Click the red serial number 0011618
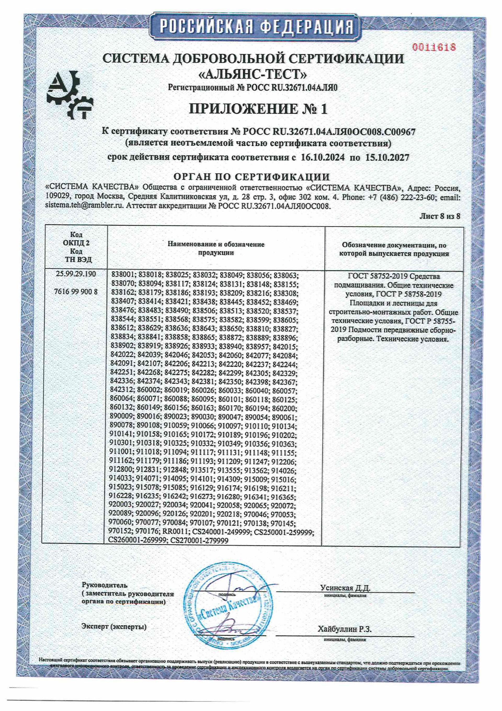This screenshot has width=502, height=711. coord(434,47)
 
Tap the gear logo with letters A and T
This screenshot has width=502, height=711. coord(70,95)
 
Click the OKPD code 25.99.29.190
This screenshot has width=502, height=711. coord(76,274)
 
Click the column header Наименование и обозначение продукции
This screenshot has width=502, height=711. coord(216,248)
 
